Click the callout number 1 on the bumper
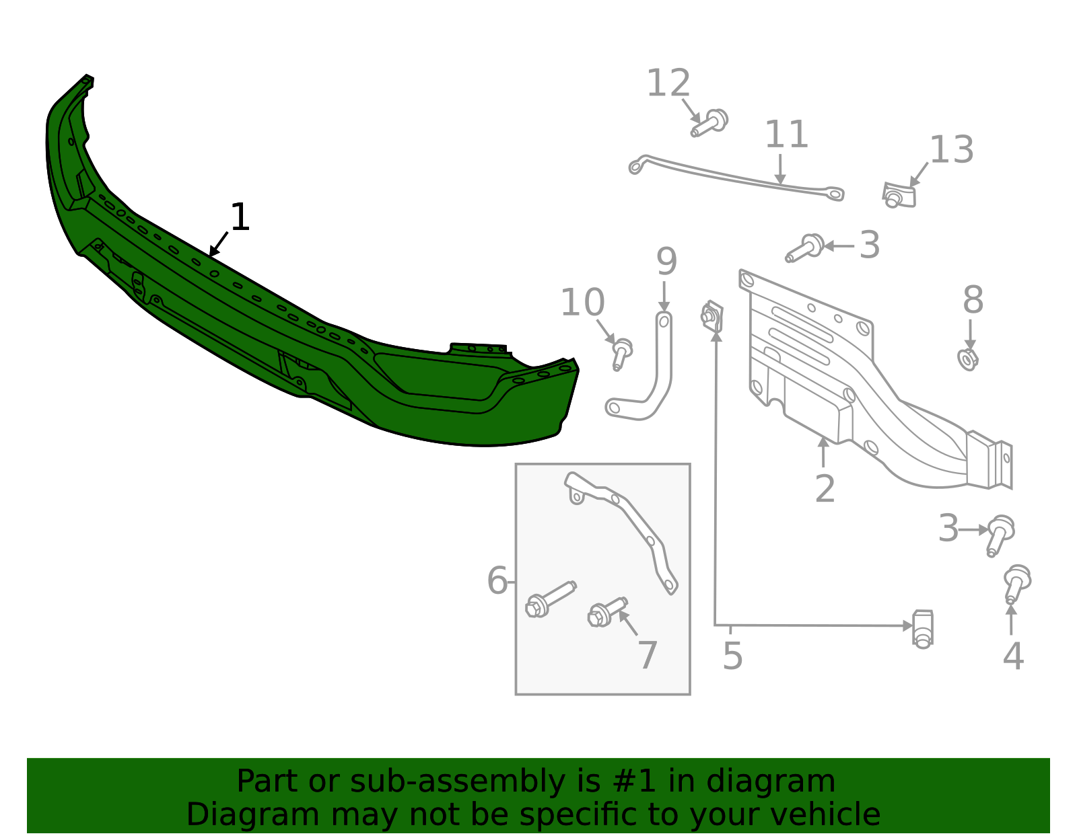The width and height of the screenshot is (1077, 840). pos(240,218)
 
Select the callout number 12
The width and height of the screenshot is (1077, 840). pos(668,84)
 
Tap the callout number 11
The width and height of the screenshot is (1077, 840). pos(786,135)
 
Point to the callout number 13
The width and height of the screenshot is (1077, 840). pos(951,151)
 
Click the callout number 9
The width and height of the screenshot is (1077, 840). pos(666,262)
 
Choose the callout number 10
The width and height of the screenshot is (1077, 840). pos(582,303)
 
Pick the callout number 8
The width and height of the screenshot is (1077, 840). pos(973,301)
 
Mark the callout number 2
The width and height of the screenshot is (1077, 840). pos(825,489)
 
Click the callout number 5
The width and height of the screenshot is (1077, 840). pos(732,656)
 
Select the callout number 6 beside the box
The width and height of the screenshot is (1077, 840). pos(497,581)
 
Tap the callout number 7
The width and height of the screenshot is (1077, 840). pos(647,655)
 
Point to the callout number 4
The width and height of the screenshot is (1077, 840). pos(1013,656)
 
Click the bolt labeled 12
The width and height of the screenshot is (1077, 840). pos(710,123)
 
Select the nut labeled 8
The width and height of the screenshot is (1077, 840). pos(968,360)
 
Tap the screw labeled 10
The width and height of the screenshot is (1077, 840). pos(621,353)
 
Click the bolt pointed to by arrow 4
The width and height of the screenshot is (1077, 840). pos(1016,582)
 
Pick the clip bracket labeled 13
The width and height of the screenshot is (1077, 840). pos(899,195)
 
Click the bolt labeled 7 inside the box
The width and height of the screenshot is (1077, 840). pos(605,612)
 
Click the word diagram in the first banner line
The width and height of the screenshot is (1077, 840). pos(785,781)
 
